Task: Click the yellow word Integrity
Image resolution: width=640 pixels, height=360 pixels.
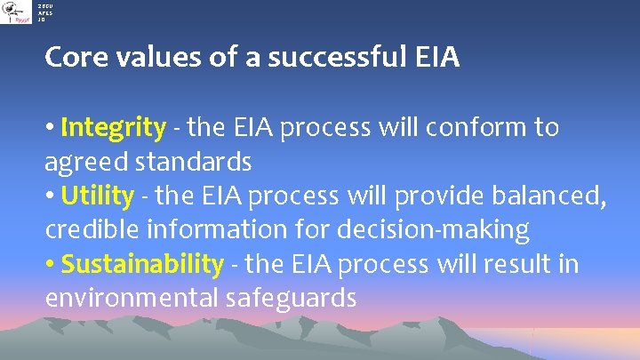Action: tap(113, 128)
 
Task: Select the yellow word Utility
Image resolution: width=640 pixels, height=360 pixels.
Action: tap(98, 196)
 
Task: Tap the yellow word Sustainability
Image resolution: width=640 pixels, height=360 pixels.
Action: tap(142, 264)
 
